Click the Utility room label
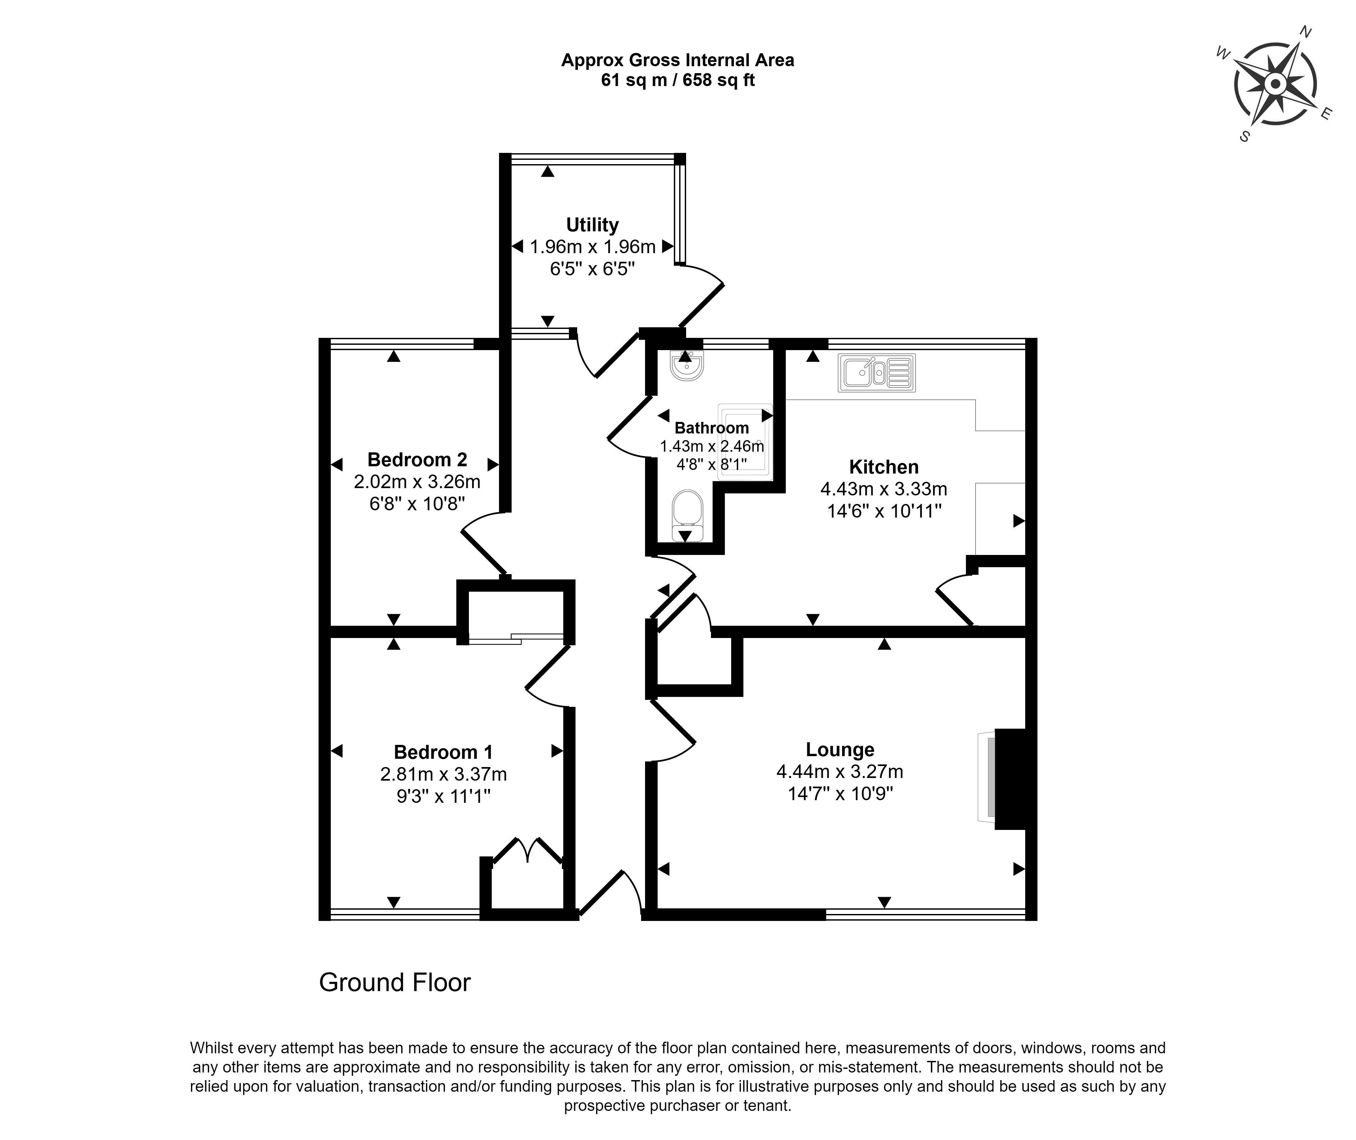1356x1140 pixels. click(x=592, y=225)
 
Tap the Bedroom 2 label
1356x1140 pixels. click(x=417, y=460)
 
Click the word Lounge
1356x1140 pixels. click(x=840, y=750)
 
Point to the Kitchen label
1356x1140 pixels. click(x=883, y=467)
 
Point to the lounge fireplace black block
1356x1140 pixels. click(x=1011, y=779)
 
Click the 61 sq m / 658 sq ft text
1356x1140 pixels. click(x=678, y=80)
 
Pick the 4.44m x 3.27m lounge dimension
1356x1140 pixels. click(x=840, y=772)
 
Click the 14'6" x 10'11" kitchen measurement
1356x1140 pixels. click(x=884, y=511)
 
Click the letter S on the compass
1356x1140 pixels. click(x=1244, y=136)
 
